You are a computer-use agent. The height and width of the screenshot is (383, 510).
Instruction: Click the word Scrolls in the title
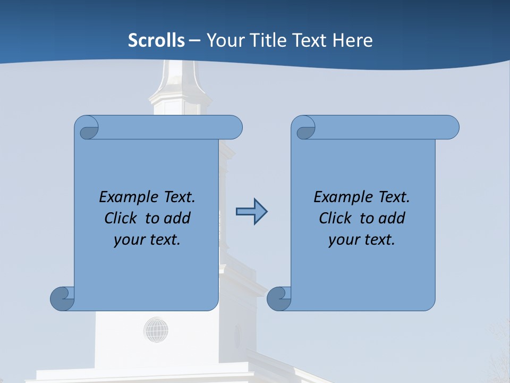tap(156, 40)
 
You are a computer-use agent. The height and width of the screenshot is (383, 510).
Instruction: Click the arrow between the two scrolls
tap(251, 212)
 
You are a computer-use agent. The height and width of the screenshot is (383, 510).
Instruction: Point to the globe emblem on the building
tap(156, 330)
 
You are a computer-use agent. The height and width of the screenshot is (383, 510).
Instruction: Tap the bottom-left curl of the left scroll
tap(63, 298)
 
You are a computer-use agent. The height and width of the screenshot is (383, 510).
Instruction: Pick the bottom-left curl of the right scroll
tap(279, 298)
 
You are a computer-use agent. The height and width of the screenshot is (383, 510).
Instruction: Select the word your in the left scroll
tap(127, 240)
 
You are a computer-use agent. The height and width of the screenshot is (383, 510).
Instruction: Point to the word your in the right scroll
tap(342, 240)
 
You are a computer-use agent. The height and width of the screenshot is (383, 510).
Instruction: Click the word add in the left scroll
tap(177, 218)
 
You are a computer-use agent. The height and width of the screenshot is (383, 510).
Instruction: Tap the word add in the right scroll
tap(392, 218)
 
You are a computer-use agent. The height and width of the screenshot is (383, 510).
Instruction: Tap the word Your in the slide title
tap(224, 40)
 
